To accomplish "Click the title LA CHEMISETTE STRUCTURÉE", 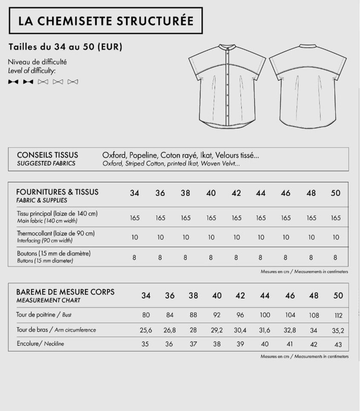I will [x=106, y=20].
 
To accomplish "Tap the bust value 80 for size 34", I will [x=146, y=316].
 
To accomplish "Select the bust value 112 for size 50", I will [x=339, y=316].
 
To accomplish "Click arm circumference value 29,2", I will [x=217, y=330].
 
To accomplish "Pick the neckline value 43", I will [x=338, y=344].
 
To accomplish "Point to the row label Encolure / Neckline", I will [x=40, y=343].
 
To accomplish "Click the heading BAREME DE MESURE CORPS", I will [x=65, y=292].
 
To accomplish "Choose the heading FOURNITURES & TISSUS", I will [x=57, y=192].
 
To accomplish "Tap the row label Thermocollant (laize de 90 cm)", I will [x=56, y=233].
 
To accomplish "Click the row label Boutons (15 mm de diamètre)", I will [x=54, y=253].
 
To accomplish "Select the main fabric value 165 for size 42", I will [x=236, y=218].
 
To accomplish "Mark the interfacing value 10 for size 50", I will [x=336, y=237].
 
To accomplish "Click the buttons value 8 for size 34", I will [x=134, y=257].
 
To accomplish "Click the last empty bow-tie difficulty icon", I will [x=73, y=82].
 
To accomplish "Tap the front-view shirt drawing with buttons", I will [x=227, y=85].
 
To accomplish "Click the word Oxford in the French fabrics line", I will [x=114, y=155].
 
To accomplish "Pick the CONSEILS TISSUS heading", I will [x=47, y=155].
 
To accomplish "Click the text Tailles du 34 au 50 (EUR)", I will [x=65, y=47].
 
